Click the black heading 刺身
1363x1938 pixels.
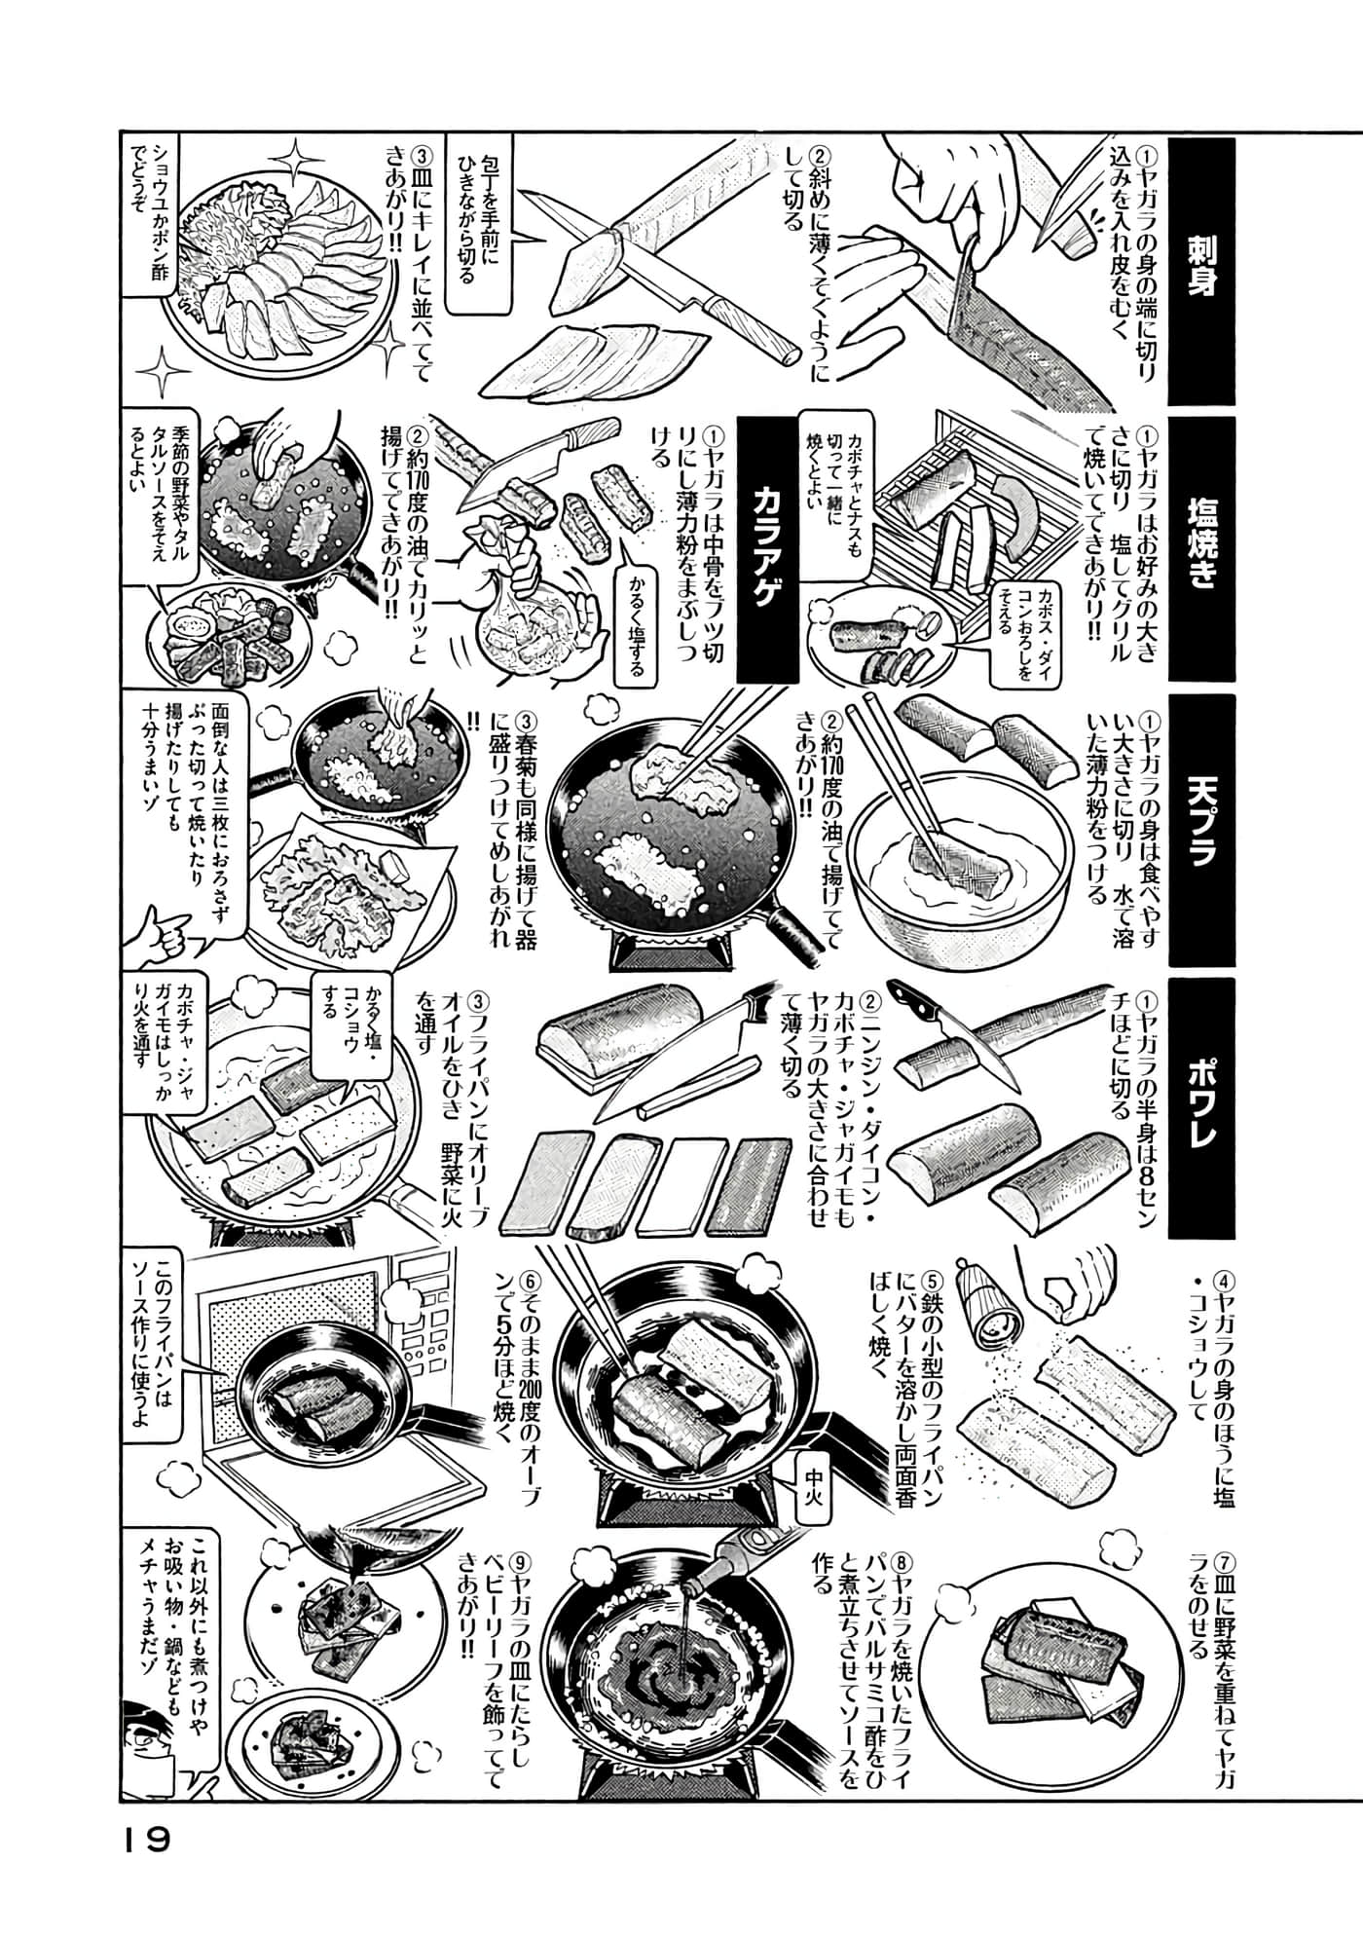pos(1200,271)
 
